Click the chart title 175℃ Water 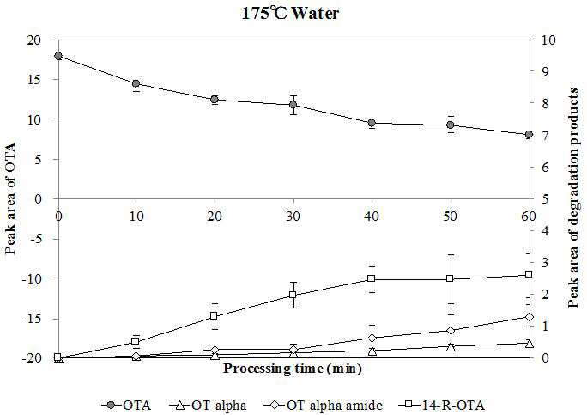coord(290,14)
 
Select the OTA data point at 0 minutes coord(58,56)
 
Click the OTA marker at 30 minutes coord(293,105)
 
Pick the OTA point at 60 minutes coord(529,135)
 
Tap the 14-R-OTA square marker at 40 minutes coord(372,278)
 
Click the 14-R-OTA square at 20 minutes coord(214,315)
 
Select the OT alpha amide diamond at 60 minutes coord(529,317)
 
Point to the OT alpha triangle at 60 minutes coord(529,344)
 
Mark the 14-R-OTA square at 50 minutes coord(450,278)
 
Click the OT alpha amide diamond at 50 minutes coord(451,331)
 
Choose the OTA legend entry coord(126,406)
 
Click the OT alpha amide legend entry coord(324,406)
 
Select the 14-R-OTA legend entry coord(442,406)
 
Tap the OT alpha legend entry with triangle coord(208,406)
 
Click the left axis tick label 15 coord(34,79)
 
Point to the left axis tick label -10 coord(32,278)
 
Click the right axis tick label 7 coord(543,135)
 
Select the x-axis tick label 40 coord(372,217)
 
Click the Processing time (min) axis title coord(293,369)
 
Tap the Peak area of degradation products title coord(573,198)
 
